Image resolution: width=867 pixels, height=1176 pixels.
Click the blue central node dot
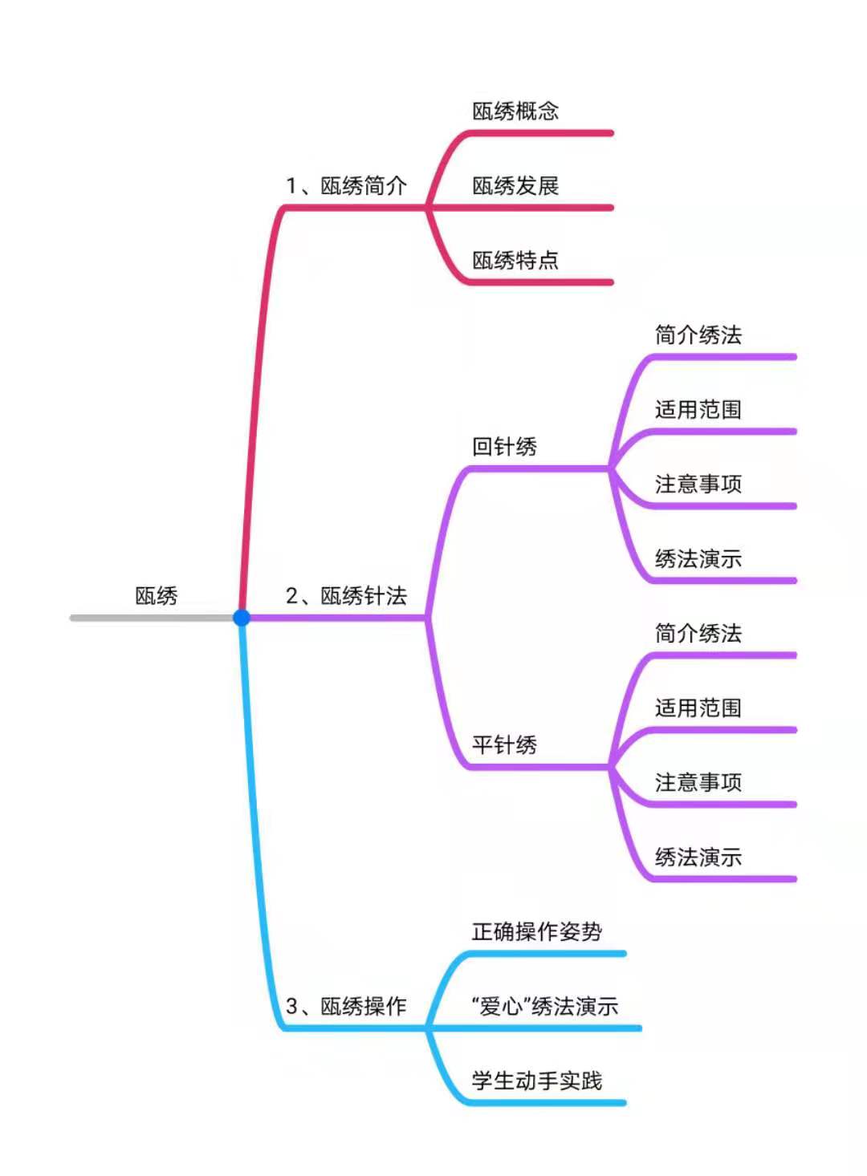pos(241,618)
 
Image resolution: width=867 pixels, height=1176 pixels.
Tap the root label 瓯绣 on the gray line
pos(157,596)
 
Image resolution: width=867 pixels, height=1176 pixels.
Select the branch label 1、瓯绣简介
pos(346,186)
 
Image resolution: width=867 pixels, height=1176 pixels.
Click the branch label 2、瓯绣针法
pos(346,596)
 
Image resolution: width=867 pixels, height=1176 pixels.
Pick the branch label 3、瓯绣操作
pos(346,1006)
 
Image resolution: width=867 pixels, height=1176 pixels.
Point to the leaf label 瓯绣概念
pos(515,112)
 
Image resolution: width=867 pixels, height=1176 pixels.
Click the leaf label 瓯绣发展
pos(515,186)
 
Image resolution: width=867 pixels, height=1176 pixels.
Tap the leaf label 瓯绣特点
pos(515,261)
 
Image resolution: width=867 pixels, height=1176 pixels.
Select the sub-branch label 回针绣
pos(504,447)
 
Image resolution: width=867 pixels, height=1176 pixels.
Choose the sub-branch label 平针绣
pos(504,745)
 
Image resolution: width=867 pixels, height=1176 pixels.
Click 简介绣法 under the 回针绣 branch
pos(698,335)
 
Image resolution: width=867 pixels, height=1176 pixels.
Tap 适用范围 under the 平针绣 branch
pos(698,708)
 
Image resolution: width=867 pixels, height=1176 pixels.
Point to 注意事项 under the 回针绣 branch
pos(698,484)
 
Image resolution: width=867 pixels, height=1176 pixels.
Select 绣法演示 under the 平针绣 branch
pos(698,857)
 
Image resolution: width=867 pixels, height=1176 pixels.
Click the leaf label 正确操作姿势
pos(537,931)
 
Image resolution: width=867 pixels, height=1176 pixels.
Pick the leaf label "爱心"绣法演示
pos(545,1006)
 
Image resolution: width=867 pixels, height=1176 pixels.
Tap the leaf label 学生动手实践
pos(537,1081)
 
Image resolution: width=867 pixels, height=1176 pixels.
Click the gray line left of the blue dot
pos(152,618)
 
